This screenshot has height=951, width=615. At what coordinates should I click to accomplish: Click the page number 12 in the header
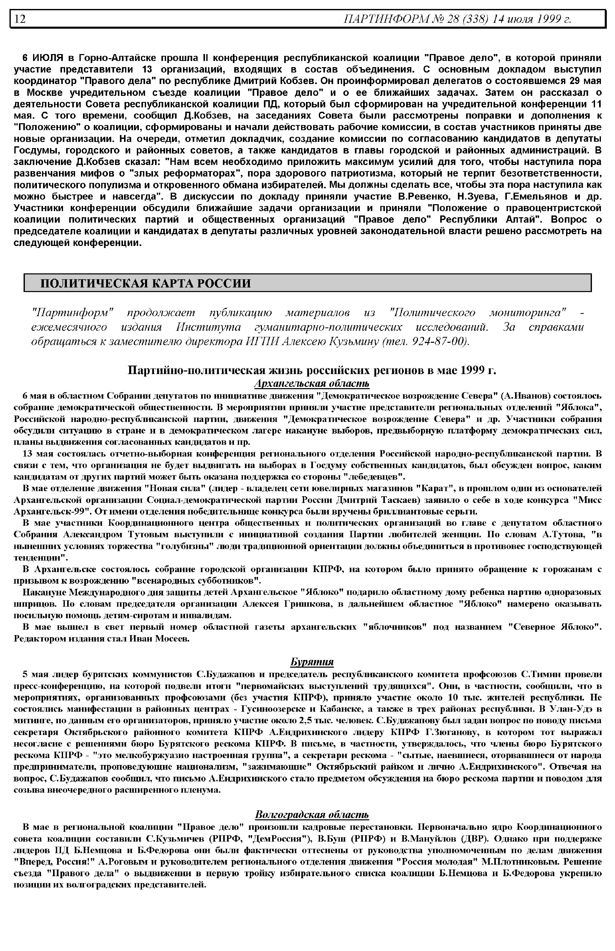(20, 19)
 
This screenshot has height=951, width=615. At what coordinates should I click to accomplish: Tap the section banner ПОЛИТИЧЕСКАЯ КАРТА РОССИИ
(146, 283)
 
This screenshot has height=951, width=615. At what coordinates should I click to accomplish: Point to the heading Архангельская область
(312, 384)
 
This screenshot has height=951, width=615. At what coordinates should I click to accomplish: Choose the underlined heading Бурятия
(312, 662)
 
